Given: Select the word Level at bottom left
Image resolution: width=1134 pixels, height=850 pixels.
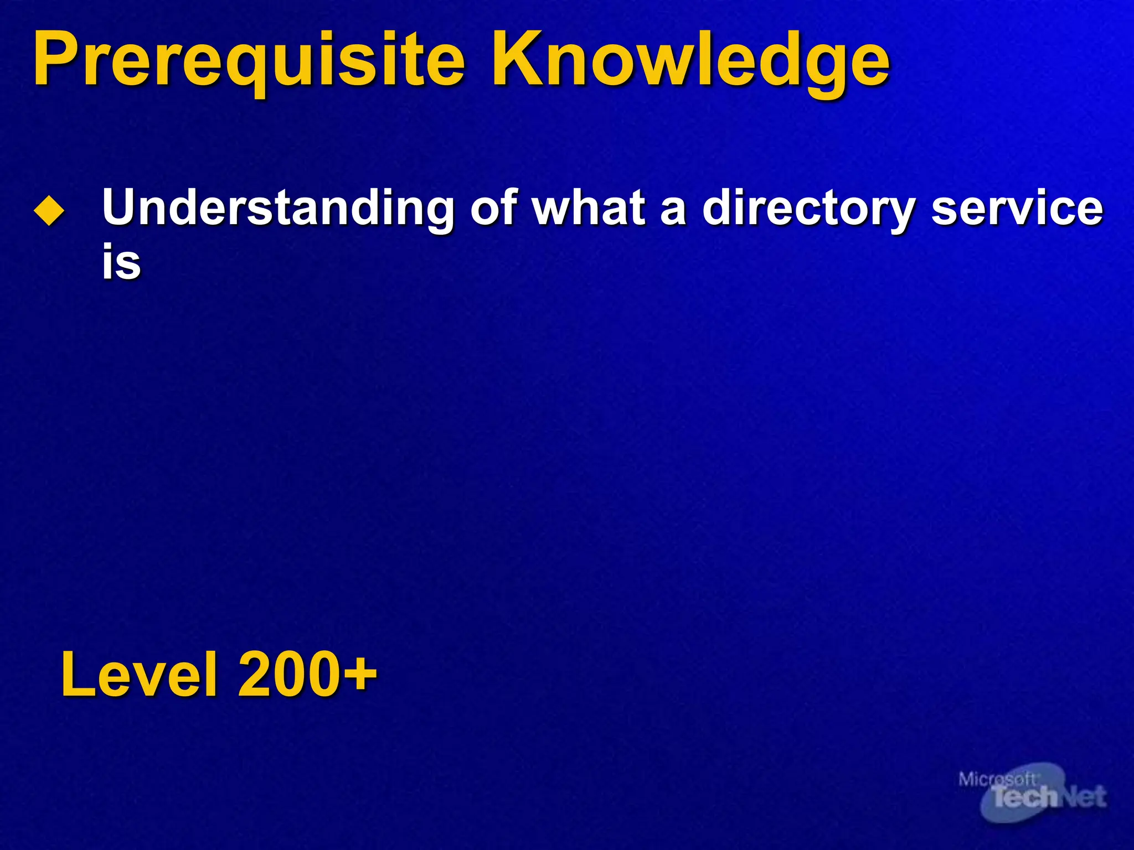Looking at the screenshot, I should (x=138, y=675).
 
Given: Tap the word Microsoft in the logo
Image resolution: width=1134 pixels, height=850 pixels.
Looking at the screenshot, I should (x=997, y=779).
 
